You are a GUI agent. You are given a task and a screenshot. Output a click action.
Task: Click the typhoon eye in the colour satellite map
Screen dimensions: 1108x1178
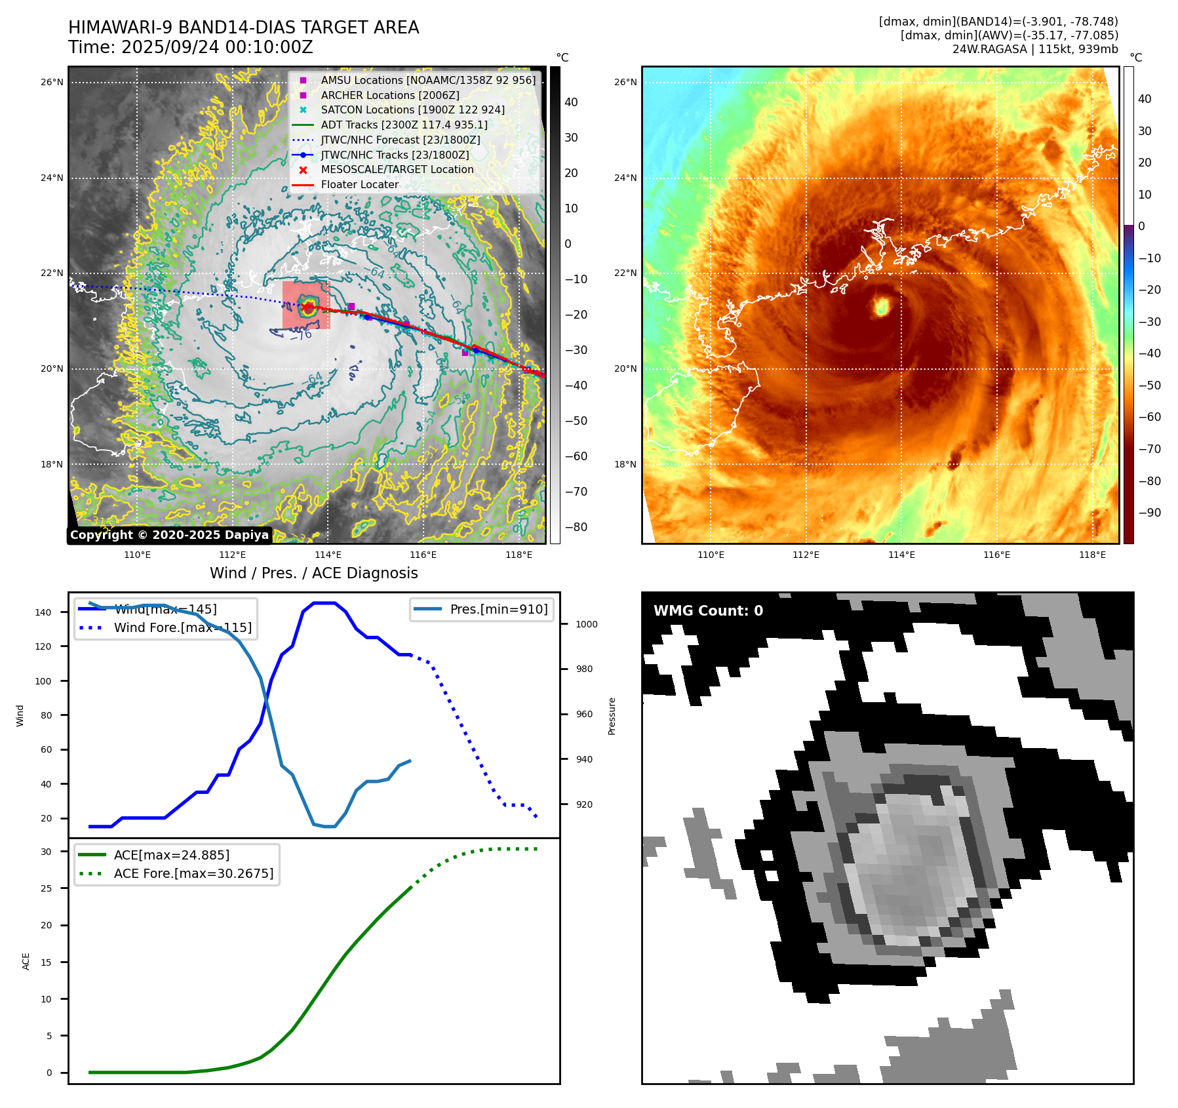882,306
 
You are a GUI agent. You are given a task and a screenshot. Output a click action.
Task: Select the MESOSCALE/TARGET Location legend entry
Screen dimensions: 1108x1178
397,169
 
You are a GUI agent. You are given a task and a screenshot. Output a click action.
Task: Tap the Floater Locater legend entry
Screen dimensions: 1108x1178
359,184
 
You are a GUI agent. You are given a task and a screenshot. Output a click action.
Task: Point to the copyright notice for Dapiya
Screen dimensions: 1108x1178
169,535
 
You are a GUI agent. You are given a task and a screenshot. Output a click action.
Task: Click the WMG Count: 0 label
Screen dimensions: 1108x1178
708,610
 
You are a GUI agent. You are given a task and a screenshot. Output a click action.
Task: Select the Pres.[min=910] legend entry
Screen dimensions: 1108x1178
498,609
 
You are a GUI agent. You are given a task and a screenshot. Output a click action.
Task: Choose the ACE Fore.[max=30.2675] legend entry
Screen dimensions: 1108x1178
193,873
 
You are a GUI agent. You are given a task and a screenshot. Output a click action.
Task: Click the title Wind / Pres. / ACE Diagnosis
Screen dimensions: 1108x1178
313,573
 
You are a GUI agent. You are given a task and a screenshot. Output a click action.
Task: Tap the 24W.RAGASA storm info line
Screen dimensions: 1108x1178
1034,49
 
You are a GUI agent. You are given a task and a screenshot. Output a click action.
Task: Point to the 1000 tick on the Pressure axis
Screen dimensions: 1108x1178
586,624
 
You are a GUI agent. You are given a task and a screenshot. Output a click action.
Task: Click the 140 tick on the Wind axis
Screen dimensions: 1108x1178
43,612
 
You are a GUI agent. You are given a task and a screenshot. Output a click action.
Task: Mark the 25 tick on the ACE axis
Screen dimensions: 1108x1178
46,888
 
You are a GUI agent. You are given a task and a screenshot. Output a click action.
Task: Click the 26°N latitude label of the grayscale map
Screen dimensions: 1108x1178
52,83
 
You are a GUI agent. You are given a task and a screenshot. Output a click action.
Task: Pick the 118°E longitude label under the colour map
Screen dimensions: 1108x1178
1092,555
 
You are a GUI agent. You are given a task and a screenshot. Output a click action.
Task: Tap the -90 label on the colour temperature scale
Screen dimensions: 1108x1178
1149,513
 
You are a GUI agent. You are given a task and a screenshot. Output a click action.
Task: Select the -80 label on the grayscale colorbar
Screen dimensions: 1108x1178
576,527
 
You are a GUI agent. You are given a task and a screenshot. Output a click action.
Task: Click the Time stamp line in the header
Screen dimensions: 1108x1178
190,47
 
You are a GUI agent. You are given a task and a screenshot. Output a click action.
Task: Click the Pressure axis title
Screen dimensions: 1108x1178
612,716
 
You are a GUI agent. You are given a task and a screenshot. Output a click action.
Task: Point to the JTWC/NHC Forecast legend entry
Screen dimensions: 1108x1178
400,140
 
